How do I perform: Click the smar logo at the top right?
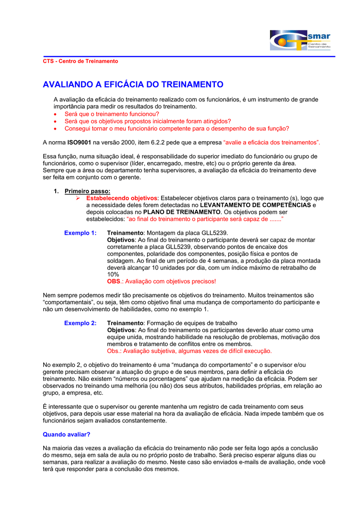pos(299,40)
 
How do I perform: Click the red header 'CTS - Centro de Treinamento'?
pos(81,61)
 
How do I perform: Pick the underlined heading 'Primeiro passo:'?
pos(88,191)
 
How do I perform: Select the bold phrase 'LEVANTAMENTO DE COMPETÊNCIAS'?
pos(255,205)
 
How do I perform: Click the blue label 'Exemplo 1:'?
pos(81,233)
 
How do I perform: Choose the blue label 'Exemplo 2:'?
pos(81,323)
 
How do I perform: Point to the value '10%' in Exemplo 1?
pos(113,274)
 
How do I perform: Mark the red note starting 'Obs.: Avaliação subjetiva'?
pos(189,351)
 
